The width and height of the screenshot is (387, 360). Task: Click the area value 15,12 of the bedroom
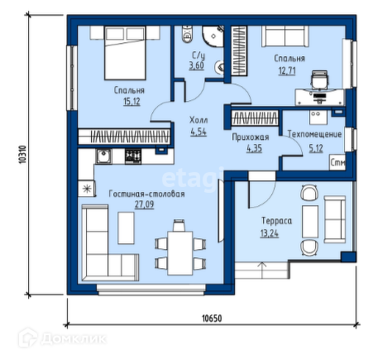(x=131, y=102)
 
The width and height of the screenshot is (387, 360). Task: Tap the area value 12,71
(x=287, y=70)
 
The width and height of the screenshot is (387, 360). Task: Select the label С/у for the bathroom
(x=198, y=55)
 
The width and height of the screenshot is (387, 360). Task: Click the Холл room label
(x=198, y=120)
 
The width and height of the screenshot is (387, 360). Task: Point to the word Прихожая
(x=251, y=137)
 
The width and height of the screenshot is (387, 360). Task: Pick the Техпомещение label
(x=314, y=134)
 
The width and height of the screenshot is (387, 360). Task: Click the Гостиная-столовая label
(x=146, y=194)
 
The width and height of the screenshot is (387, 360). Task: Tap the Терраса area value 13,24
(x=270, y=233)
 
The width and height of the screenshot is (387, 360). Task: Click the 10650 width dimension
(x=212, y=319)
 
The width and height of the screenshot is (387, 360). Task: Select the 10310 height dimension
(x=22, y=155)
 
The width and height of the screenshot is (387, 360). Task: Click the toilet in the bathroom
(x=187, y=34)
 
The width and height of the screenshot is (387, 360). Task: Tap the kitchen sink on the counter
(x=103, y=156)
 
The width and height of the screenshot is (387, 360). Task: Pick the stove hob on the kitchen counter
(x=133, y=156)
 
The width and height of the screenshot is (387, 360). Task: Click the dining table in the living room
(x=180, y=253)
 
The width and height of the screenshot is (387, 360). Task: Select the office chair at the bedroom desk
(x=320, y=79)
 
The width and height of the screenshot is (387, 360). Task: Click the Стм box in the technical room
(x=337, y=162)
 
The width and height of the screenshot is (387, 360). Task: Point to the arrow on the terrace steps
(x=261, y=270)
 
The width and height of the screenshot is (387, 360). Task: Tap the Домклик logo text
(x=74, y=338)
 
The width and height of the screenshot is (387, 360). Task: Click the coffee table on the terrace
(x=310, y=221)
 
